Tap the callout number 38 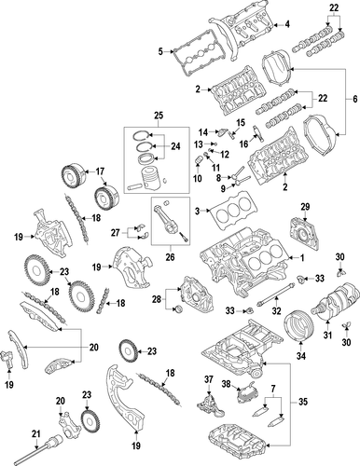pyautogui.click(x=226, y=384)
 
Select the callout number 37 pyautogui.click(x=209, y=379)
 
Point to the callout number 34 pyautogui.click(x=300, y=356)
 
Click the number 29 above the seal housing pyautogui.click(x=305, y=207)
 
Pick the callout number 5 pyautogui.click(x=160, y=51)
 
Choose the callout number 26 pyautogui.click(x=170, y=257)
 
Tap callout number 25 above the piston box pyautogui.click(x=159, y=116)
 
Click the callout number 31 pyautogui.click(x=327, y=336)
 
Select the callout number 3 pyautogui.click(x=197, y=211)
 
